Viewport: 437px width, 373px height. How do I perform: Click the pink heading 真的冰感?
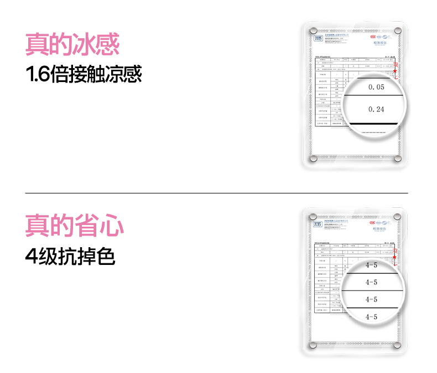tap(72, 44)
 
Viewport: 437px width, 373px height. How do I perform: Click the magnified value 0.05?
tap(376, 87)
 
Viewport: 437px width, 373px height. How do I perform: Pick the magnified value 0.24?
tap(376, 109)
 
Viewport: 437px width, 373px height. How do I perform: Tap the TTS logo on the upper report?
tap(318, 38)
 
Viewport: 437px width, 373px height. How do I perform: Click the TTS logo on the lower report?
tap(318, 224)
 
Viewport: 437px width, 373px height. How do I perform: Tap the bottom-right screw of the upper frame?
tap(396, 159)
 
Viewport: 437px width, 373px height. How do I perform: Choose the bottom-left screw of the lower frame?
tap(313, 345)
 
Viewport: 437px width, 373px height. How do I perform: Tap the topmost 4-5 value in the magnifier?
tap(371, 265)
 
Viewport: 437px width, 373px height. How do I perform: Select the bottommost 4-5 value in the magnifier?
tap(371, 316)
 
